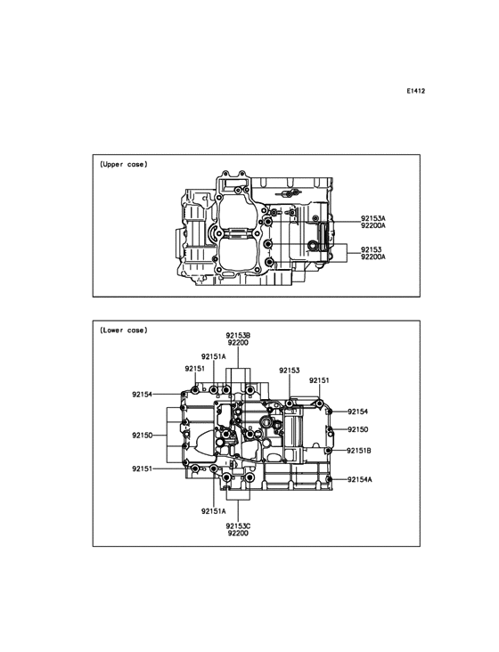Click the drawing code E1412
pyautogui.click(x=416, y=91)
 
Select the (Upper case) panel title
pyautogui.click(x=124, y=164)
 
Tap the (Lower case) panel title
pyautogui.click(x=124, y=330)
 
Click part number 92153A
pyautogui.click(x=373, y=218)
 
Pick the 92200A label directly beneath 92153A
pyautogui.click(x=373, y=225)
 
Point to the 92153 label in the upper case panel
pyautogui.click(x=371, y=249)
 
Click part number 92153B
pyautogui.click(x=238, y=335)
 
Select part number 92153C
pyautogui.click(x=238, y=526)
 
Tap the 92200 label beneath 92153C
pyautogui.click(x=238, y=533)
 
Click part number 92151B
pyautogui.click(x=359, y=451)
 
